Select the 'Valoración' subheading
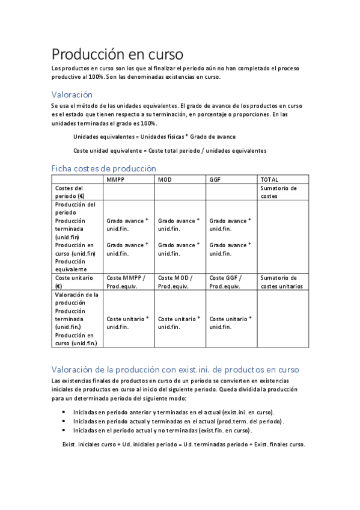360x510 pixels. pos(72,94)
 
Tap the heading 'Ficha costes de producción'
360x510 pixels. pos(103,168)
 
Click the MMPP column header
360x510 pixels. pos(116,179)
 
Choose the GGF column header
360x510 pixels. pos(215,179)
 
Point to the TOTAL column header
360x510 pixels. pos(269,179)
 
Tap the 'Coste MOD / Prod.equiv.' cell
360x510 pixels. pos(175,281)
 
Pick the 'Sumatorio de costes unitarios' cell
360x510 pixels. pos(281,281)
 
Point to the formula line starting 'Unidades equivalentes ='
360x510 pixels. pos(154,137)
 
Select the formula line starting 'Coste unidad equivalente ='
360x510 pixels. pos(169,150)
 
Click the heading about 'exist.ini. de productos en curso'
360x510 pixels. pos(175,369)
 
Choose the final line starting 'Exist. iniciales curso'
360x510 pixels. pos(184,444)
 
